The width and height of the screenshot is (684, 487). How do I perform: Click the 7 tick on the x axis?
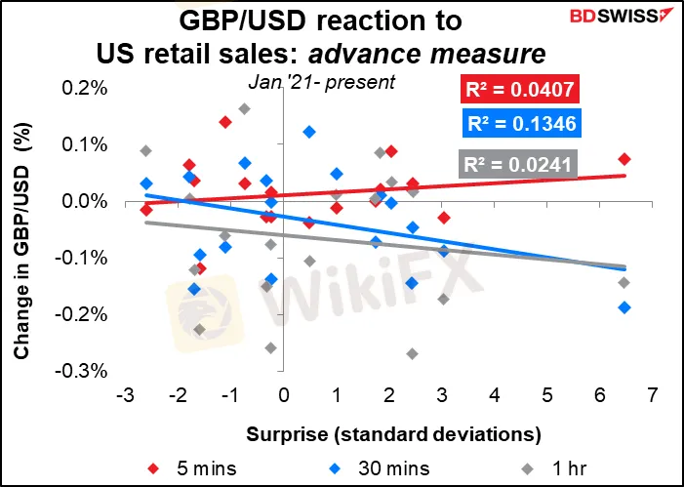(x=653, y=397)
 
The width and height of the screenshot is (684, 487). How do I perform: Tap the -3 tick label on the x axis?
(x=124, y=397)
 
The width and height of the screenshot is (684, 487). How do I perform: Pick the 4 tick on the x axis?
(x=495, y=397)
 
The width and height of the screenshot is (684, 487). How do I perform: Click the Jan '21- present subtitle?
(x=321, y=82)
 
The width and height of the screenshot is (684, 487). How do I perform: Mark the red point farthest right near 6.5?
(x=624, y=159)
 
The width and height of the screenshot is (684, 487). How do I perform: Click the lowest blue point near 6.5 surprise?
(x=624, y=307)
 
